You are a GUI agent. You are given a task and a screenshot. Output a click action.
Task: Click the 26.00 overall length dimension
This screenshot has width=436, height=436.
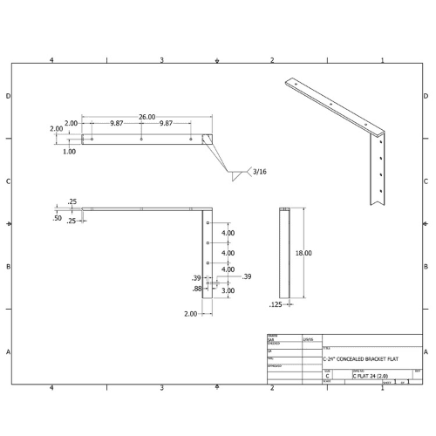pyautogui.click(x=146, y=116)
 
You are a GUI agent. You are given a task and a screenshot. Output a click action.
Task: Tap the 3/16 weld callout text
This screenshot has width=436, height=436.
pyautogui.click(x=260, y=173)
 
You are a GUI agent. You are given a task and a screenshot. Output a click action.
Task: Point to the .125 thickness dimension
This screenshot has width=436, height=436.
pyautogui.click(x=276, y=304)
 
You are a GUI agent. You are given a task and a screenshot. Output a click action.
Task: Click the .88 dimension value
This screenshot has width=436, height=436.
pyautogui.click(x=197, y=288)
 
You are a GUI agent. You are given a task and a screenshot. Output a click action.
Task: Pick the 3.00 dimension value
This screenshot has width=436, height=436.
pyautogui.click(x=227, y=290)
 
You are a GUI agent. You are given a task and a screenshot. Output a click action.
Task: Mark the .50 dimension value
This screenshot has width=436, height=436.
pyautogui.click(x=57, y=218)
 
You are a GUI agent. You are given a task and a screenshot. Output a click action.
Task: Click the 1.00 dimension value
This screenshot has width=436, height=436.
pyautogui.click(x=69, y=151)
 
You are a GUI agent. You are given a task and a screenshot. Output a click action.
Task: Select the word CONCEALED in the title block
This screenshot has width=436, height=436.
pyautogui.click(x=357, y=358)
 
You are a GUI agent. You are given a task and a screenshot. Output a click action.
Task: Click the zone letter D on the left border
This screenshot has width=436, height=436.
pyautogui.click(x=9, y=96)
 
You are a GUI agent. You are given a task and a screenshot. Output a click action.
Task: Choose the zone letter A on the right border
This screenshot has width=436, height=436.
pyautogui.click(x=425, y=351)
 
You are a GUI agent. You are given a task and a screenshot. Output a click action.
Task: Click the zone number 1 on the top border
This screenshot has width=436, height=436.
pyautogui.click(x=382, y=59)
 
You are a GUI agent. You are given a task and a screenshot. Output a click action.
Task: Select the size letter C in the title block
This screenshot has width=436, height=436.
pyautogui.click(x=327, y=375)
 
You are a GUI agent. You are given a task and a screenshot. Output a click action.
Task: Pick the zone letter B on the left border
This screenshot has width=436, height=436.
pyautogui.click(x=9, y=267)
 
